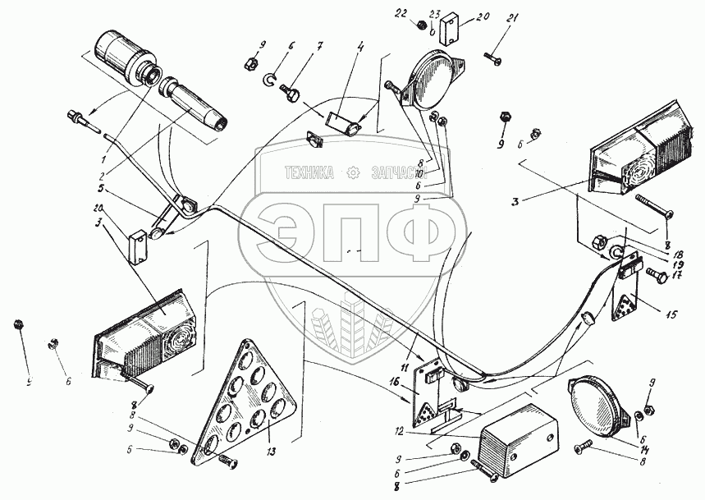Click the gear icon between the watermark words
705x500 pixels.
click(354, 173)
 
